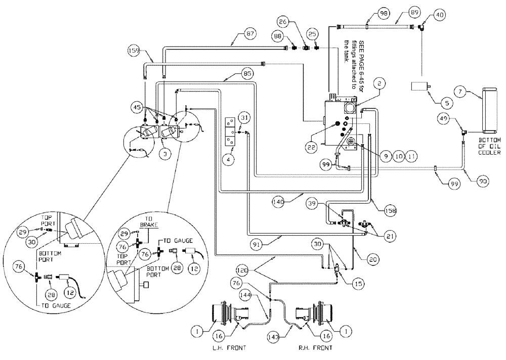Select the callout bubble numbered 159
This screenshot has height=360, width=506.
(134, 51)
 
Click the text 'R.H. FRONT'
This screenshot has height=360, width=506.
(316, 348)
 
